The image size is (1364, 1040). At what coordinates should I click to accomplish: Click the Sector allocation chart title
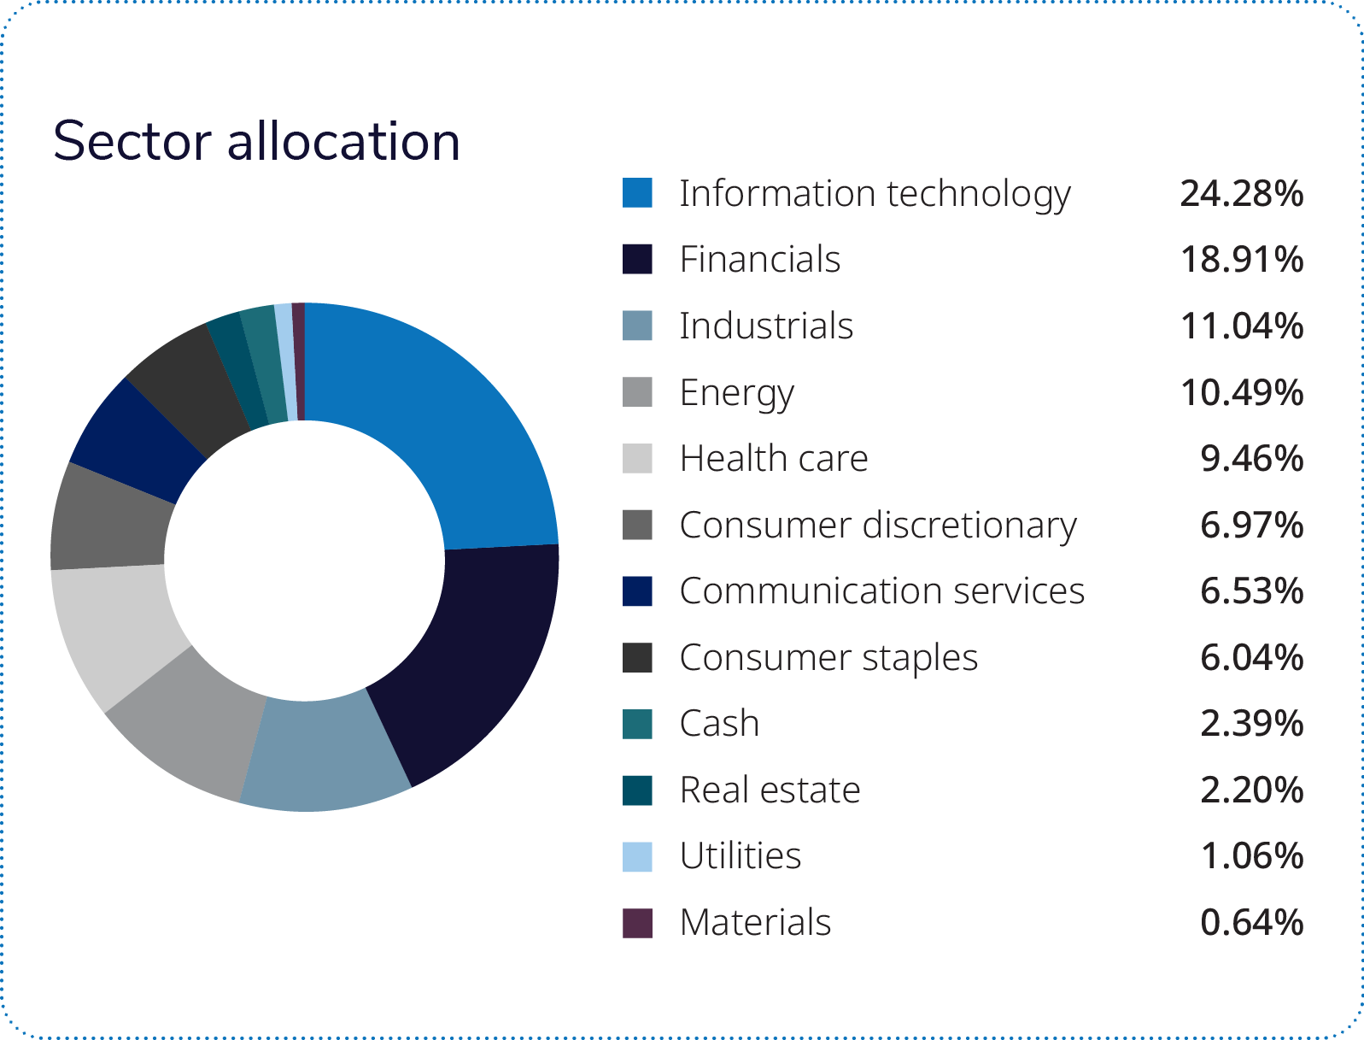(256, 141)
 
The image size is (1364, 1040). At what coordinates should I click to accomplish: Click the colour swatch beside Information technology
(637, 193)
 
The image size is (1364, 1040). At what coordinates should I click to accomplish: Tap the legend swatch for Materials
(637, 923)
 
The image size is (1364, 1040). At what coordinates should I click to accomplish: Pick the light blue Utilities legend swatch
(637, 856)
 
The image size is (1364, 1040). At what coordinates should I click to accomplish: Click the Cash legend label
(719, 724)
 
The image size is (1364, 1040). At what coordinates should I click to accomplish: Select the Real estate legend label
(770, 790)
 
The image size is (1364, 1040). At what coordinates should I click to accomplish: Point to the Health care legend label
(774, 459)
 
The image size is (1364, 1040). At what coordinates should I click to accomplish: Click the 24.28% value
(1241, 194)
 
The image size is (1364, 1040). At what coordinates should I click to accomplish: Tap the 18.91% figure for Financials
(1241, 260)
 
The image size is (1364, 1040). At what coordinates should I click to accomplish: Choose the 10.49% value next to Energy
(1241, 393)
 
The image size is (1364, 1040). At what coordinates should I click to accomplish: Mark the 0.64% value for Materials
(1251, 923)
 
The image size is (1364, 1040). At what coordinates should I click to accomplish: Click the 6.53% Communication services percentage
(1251, 591)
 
